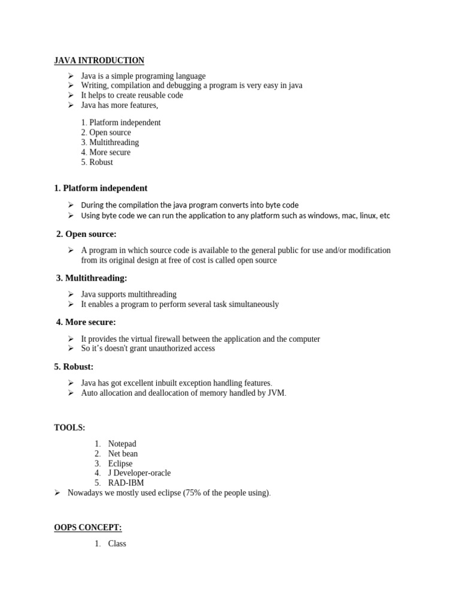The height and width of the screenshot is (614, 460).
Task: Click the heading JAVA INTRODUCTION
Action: [x=99, y=61]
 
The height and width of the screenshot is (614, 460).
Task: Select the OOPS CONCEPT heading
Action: [x=88, y=527]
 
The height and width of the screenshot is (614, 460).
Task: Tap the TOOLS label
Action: [x=69, y=428]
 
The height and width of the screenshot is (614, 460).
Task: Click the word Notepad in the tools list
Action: [x=122, y=444]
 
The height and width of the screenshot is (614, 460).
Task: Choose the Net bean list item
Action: [x=123, y=453]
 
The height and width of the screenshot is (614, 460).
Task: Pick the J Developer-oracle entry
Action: [x=139, y=473]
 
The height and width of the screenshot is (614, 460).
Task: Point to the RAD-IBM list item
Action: [x=126, y=483]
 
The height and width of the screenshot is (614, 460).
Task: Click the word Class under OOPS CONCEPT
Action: [x=117, y=544]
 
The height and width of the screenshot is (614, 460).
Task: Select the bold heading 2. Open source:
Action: [x=86, y=234]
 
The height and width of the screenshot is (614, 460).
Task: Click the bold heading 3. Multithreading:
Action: [x=91, y=278]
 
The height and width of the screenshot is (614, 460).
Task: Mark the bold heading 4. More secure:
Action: [x=86, y=323]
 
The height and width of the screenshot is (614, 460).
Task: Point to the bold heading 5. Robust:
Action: [x=74, y=366]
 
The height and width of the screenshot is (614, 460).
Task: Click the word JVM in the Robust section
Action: [x=276, y=393]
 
